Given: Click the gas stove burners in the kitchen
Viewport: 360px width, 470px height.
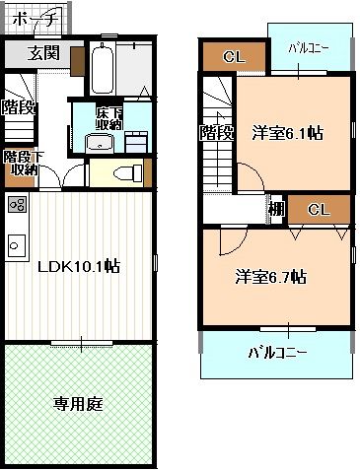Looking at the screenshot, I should (17, 206).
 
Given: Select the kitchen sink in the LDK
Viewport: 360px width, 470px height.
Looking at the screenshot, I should (16, 242).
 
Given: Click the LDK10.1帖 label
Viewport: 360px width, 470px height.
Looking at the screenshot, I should (79, 266).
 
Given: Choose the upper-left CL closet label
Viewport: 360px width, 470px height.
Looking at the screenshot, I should (234, 57).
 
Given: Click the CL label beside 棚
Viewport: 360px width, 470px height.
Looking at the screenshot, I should (318, 210).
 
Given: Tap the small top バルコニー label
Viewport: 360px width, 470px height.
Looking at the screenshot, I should (309, 47).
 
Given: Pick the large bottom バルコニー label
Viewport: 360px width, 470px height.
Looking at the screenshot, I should (277, 352).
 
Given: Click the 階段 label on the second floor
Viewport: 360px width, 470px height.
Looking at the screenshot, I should (216, 131).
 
